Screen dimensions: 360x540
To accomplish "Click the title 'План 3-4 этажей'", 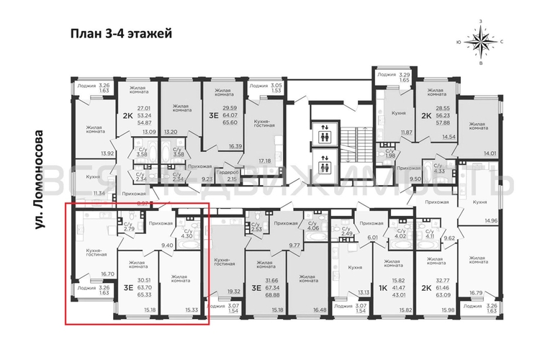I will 121,33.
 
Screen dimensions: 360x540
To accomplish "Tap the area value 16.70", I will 107,274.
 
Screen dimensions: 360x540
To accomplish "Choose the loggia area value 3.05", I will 277,84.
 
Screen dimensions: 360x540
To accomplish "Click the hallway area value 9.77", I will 294,245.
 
